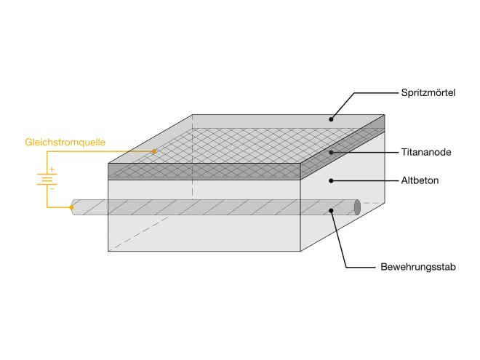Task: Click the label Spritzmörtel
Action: (x=428, y=92)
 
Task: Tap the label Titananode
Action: (x=425, y=153)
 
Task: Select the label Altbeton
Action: (x=420, y=180)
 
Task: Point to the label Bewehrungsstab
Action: (x=417, y=267)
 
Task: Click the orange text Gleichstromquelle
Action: (x=65, y=143)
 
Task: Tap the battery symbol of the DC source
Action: (x=47, y=177)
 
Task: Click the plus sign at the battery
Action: (x=52, y=169)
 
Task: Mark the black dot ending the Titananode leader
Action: (x=331, y=153)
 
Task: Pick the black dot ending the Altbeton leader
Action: (x=331, y=180)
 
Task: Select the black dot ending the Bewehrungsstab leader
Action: (x=331, y=211)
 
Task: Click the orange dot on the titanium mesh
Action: (x=154, y=151)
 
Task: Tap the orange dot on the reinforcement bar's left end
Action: (x=72, y=207)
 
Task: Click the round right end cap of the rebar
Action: (x=357, y=207)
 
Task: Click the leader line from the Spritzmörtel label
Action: (x=371, y=92)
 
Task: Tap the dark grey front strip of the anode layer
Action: (x=204, y=172)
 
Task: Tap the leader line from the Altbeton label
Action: (x=364, y=180)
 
